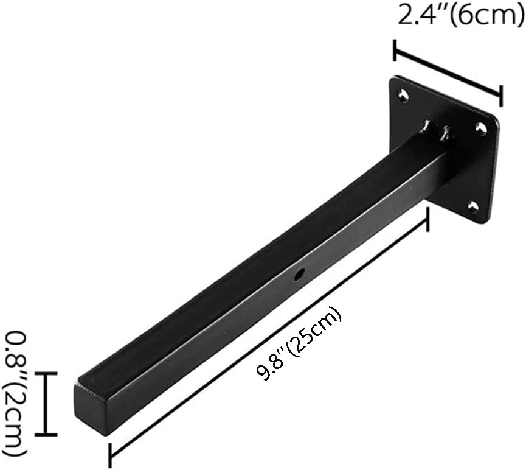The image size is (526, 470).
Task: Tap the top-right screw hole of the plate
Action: click(480, 128)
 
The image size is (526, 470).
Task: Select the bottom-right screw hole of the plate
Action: click(472, 206)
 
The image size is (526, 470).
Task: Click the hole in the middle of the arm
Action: click(299, 276)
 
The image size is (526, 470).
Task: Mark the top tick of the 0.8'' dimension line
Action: click(45, 373)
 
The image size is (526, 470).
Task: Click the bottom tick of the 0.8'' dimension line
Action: click(45, 435)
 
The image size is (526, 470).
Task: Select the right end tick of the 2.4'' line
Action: click(500, 96)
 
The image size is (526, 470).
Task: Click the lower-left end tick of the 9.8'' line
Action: click(110, 452)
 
